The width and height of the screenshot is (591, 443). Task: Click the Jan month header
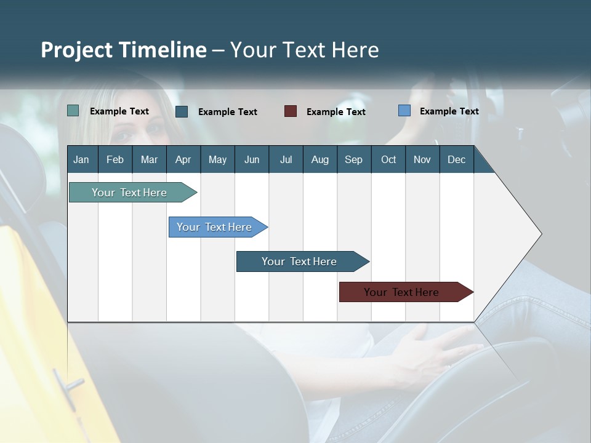click(81, 159)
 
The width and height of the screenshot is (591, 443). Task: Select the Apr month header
click(183, 159)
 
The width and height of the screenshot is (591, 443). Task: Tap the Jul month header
click(286, 159)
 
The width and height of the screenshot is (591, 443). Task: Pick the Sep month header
click(353, 159)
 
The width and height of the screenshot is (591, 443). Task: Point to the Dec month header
click(456, 159)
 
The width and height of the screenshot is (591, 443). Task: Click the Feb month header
click(115, 159)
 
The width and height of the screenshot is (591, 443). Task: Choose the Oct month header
click(388, 159)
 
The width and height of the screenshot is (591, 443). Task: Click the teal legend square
click(73, 111)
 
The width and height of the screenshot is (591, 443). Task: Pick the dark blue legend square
click(182, 111)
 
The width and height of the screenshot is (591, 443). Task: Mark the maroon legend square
click(291, 111)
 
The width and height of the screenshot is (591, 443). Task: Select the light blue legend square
click(404, 111)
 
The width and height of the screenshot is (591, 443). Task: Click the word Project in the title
click(78, 50)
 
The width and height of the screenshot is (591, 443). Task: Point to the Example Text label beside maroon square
click(336, 111)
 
